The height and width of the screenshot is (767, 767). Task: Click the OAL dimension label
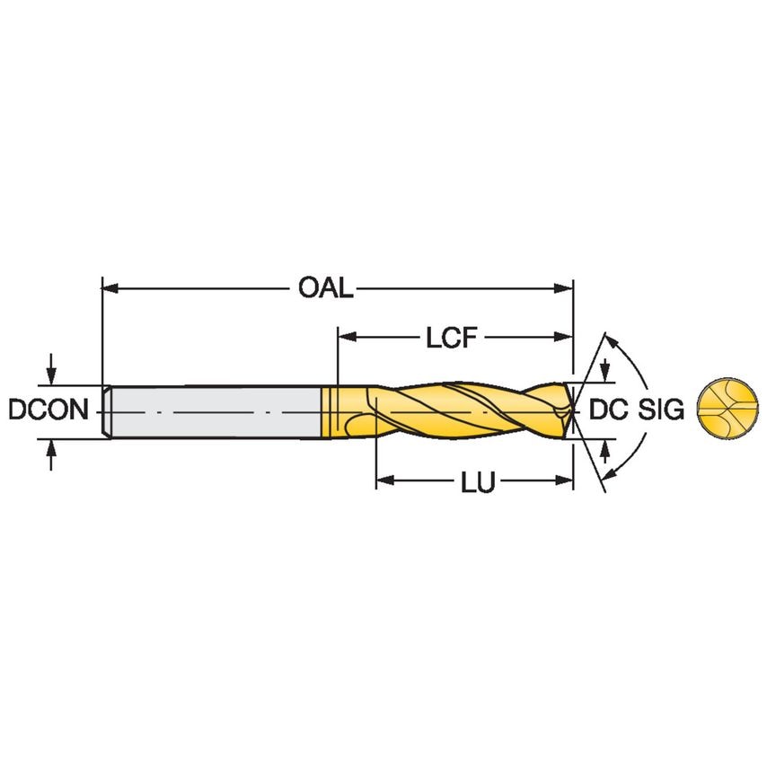click(326, 288)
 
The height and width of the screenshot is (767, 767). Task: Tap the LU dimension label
click(478, 482)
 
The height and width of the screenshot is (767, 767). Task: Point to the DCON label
click(48, 410)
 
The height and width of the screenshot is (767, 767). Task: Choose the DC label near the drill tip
click(608, 410)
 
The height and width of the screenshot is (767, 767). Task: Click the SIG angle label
click(662, 410)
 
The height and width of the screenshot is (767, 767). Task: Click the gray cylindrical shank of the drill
click(216, 412)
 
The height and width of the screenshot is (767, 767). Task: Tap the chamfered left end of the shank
click(107, 412)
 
